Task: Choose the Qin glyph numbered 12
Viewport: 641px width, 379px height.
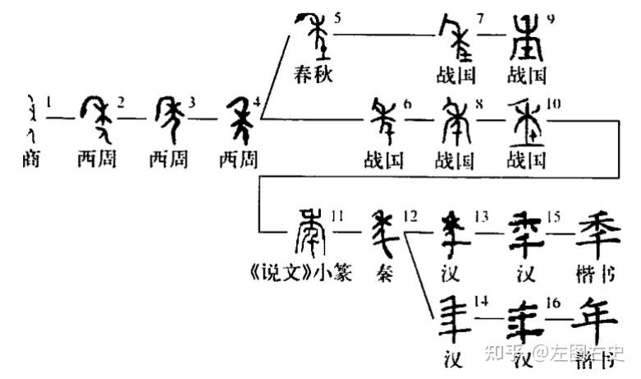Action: pos(384,233)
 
